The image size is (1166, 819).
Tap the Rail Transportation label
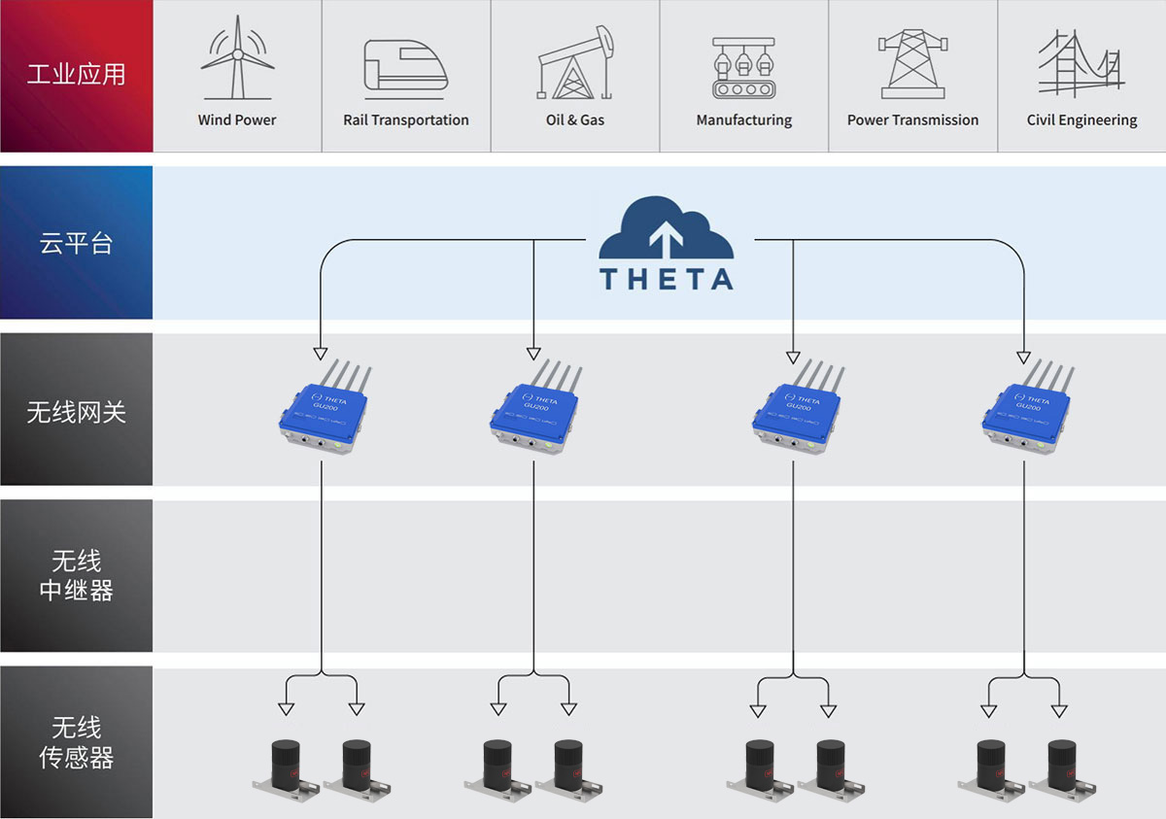406,120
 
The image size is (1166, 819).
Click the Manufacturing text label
744,120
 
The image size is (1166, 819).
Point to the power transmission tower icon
912,64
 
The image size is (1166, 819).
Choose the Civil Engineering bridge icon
1080,64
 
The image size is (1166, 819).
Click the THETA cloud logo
666,243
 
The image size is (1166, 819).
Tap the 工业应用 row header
76,75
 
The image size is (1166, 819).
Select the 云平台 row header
76,243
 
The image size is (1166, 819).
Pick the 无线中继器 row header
76,576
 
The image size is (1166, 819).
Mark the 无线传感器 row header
76,743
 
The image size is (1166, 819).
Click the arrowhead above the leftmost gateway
320,353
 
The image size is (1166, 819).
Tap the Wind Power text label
237,120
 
